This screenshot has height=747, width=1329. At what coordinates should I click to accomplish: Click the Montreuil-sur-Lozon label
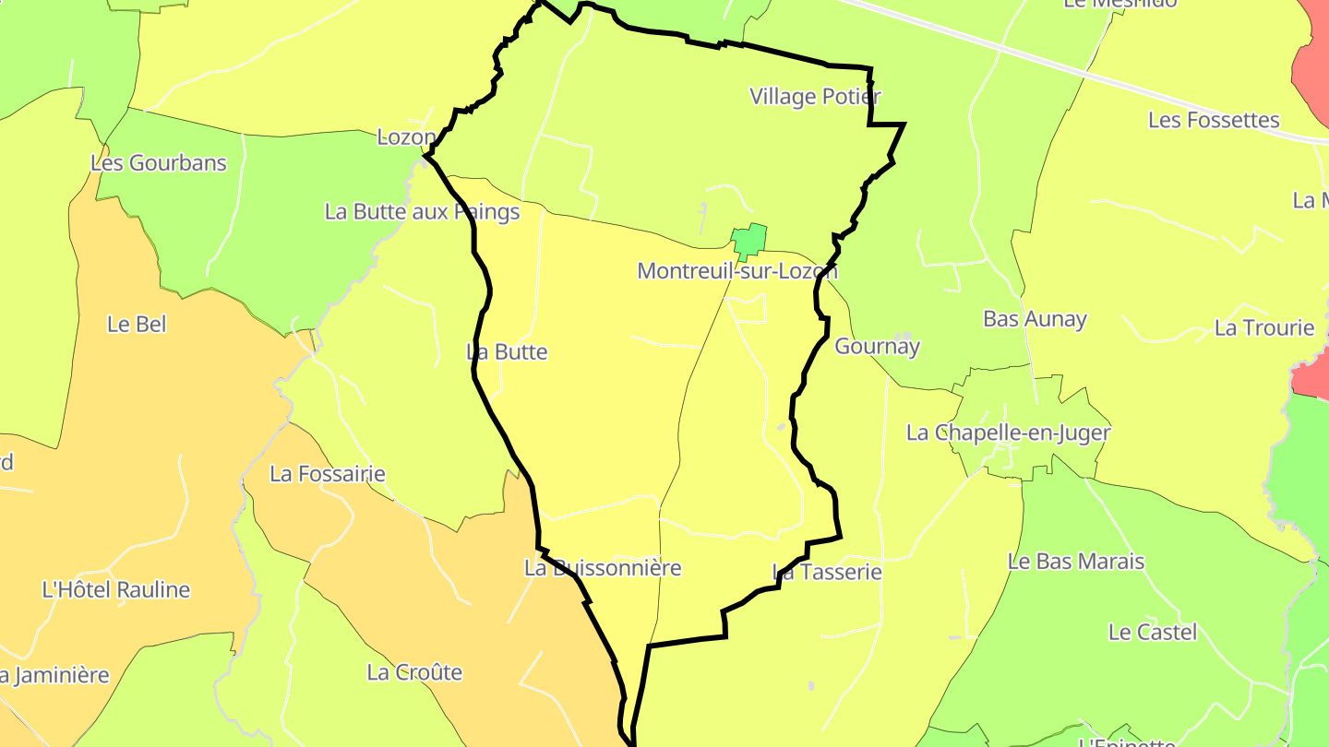[737, 271]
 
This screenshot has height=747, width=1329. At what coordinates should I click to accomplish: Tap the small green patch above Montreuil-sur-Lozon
[748, 241]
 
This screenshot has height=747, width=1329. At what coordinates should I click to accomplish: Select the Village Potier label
[815, 96]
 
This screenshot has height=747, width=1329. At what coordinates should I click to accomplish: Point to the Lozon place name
[406, 137]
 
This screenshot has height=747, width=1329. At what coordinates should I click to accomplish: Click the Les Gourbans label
[159, 163]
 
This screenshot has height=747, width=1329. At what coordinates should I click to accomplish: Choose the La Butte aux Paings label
[422, 212]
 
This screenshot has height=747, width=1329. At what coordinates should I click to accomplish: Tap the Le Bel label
[136, 325]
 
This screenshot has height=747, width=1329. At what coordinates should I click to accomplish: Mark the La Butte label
[507, 352]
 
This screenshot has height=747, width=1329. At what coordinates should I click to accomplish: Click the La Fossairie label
[328, 474]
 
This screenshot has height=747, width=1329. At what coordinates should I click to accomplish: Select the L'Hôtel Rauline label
[116, 590]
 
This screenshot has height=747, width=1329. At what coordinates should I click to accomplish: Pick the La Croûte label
[414, 672]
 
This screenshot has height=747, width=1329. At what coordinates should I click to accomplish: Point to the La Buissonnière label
[603, 568]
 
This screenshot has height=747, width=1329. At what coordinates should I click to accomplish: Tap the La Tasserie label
[827, 573]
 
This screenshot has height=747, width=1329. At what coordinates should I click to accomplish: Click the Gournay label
[878, 347]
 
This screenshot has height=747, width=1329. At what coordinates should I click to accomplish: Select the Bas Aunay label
[1035, 319]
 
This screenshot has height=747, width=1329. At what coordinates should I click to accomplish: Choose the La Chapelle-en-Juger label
[1008, 433]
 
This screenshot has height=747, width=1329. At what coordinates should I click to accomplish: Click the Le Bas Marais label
[1076, 562]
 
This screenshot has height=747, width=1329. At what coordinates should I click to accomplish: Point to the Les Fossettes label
[1214, 120]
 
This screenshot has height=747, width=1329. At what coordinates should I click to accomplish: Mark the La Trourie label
[1264, 328]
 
